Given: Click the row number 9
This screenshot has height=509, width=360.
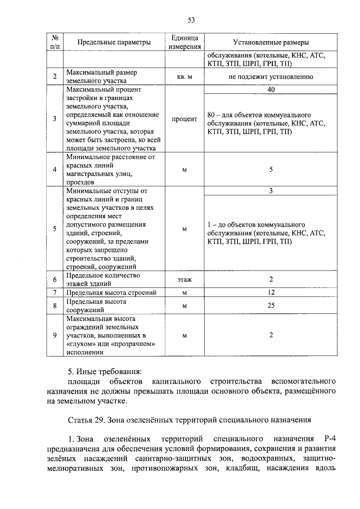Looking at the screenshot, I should pos(55,336).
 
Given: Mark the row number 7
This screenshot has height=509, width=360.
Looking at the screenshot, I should pos(55,293).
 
